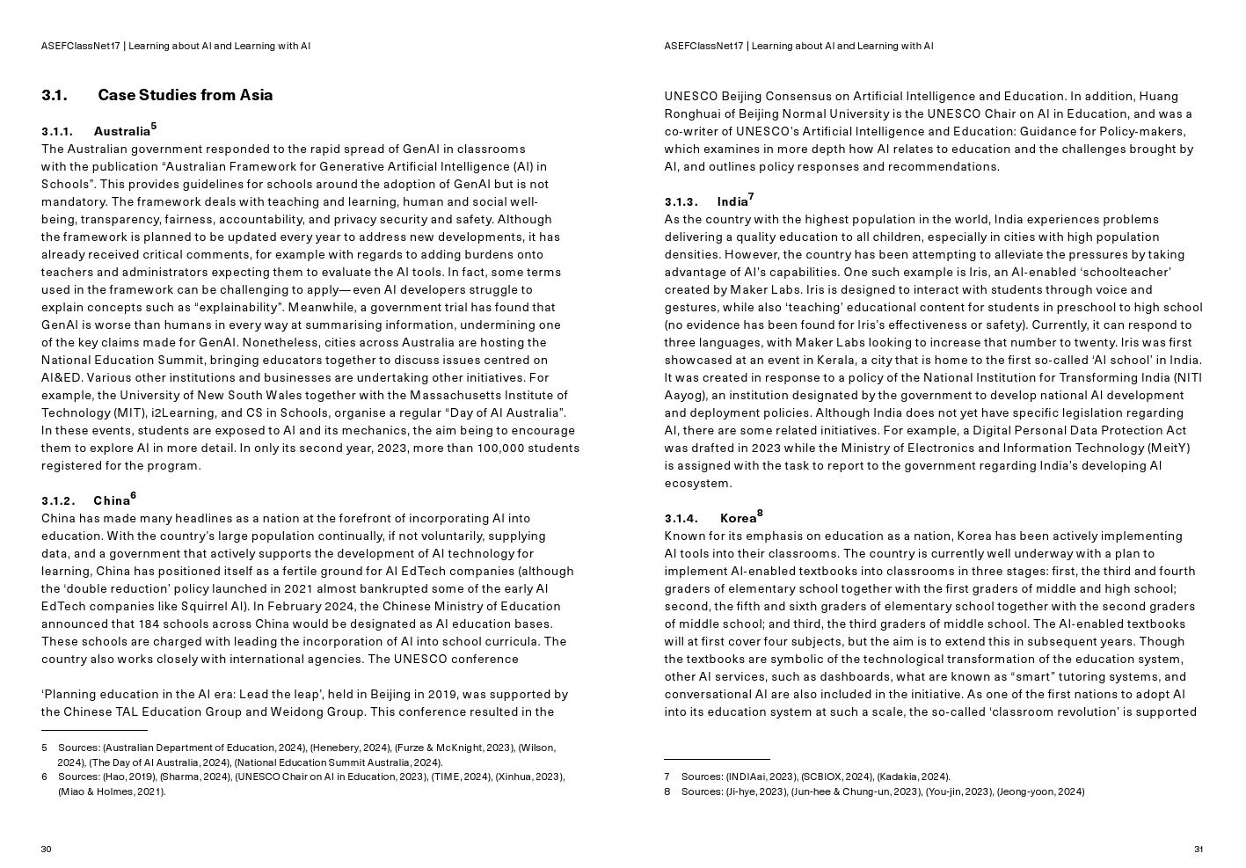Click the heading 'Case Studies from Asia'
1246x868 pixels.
point(185,95)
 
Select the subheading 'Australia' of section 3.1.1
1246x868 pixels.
point(121,132)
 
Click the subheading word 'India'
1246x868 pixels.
point(732,202)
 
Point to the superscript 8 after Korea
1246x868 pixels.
point(760,514)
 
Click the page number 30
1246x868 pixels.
point(47,849)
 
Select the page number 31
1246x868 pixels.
point(1199,849)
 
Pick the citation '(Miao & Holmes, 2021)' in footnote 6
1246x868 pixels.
point(112,791)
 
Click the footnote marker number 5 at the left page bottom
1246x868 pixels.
point(44,748)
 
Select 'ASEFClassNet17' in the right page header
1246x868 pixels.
point(703,46)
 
